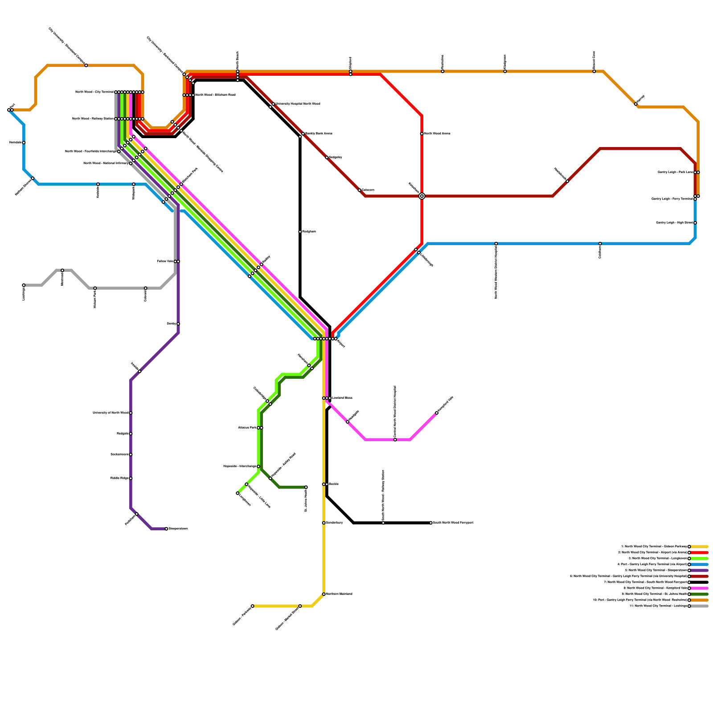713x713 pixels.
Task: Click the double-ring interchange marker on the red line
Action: pos(422,196)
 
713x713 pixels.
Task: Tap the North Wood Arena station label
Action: pos(437,133)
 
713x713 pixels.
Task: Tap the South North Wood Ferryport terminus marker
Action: pos(431,523)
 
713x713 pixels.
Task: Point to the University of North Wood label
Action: pos(110,413)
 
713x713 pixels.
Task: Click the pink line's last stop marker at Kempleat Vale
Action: pos(437,413)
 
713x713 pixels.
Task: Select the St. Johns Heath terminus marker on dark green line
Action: pos(306,487)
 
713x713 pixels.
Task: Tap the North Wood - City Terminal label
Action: pos(94,92)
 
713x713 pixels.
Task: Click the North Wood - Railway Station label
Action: pos(92,119)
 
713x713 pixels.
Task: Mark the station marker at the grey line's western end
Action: pos(24,285)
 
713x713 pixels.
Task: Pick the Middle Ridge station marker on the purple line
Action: pos(131,478)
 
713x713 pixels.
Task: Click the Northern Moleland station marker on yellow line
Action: pos(324,594)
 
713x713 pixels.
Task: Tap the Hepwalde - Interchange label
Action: pos(239,466)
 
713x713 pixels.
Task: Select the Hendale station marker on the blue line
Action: pos(24,143)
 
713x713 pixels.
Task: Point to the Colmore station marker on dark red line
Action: pos(360,190)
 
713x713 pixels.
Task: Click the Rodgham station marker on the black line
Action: pos(300,232)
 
